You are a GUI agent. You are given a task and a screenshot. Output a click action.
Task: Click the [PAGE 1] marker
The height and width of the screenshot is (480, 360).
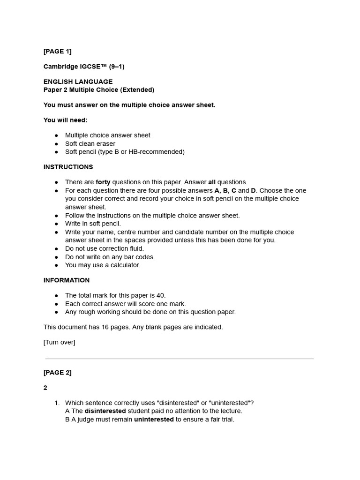pyautogui.click(x=58, y=51)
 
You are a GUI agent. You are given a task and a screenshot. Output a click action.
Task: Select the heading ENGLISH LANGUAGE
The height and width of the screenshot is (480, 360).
pyautogui.click(x=78, y=82)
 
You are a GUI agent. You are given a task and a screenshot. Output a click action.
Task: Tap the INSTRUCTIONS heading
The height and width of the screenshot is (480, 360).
pyautogui.click(x=68, y=167)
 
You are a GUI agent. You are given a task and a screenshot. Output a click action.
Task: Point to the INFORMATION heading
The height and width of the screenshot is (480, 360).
pyautogui.click(x=67, y=280)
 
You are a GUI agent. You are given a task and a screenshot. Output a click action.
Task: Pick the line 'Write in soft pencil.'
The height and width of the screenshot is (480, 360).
pyautogui.click(x=93, y=224)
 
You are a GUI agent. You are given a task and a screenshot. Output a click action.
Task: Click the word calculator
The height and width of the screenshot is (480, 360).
pyautogui.click(x=126, y=265)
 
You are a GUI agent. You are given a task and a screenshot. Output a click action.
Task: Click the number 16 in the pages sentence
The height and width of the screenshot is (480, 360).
pyautogui.click(x=105, y=327)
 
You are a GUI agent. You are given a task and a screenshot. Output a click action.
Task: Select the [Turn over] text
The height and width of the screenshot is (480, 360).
pyautogui.click(x=59, y=342)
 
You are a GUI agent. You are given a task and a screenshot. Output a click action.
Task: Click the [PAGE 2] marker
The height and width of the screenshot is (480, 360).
pyautogui.click(x=58, y=373)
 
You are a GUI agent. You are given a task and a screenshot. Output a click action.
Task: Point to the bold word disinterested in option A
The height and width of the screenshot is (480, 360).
pyautogui.click(x=105, y=411)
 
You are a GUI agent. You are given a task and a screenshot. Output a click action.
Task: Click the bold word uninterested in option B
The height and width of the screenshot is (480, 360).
pyautogui.click(x=154, y=420)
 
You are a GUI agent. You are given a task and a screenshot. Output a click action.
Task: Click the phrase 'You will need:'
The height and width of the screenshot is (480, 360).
pyautogui.click(x=66, y=120)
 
